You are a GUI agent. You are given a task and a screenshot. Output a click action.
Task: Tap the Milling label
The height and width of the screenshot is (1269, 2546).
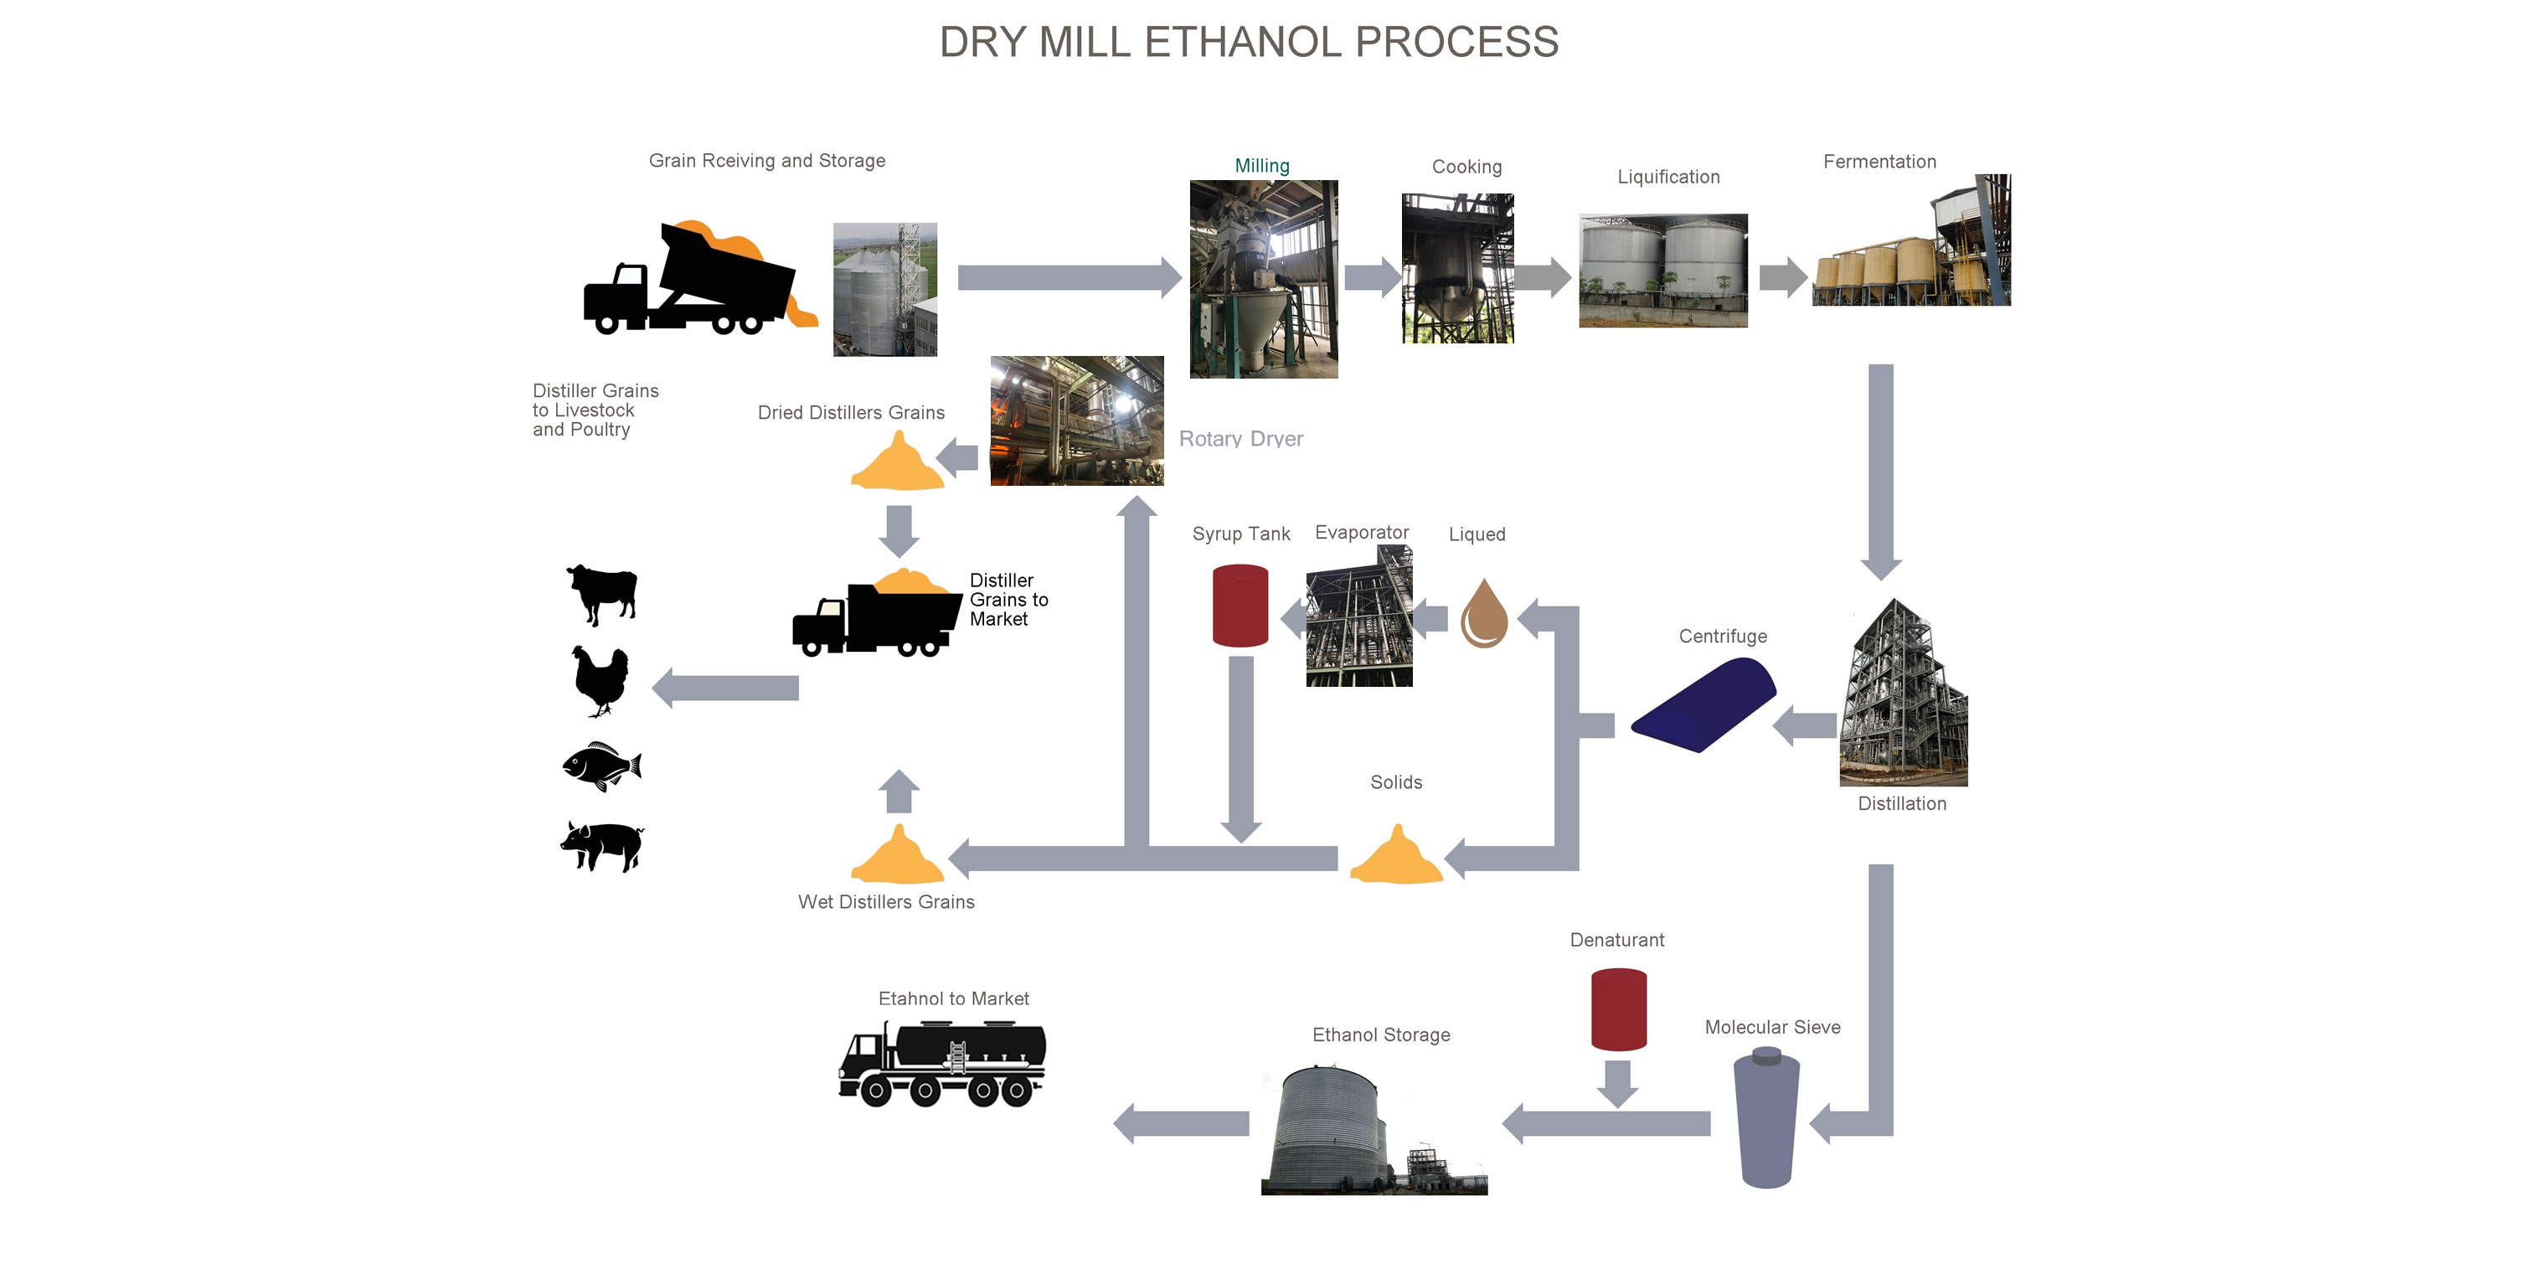(1261, 166)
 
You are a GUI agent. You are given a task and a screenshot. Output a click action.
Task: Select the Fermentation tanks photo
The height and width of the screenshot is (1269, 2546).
(1909, 242)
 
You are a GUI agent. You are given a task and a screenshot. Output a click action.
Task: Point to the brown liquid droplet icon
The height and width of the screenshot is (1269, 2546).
(1482, 615)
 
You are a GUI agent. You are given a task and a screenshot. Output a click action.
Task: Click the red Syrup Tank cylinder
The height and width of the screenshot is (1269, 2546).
(1239, 605)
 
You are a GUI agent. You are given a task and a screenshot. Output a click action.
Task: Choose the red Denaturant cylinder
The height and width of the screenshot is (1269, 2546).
(1618, 1008)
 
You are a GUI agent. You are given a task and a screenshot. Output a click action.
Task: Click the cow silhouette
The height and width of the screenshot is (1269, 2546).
(602, 593)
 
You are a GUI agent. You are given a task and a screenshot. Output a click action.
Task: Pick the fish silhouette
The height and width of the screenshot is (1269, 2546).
(601, 766)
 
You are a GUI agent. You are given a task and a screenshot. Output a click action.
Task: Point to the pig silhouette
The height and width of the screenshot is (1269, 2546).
(602, 846)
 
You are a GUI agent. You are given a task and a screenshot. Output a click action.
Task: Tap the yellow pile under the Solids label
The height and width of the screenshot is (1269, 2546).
(1394, 857)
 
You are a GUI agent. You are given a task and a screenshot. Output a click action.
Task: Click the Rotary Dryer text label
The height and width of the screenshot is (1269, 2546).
(1240, 439)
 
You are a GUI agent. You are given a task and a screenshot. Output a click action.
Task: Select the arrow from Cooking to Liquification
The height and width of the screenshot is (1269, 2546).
(1541, 278)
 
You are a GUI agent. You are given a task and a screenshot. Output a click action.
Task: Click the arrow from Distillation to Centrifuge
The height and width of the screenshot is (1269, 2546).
(1805, 726)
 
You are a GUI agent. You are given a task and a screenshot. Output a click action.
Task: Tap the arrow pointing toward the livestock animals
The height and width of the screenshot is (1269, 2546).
(725, 688)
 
